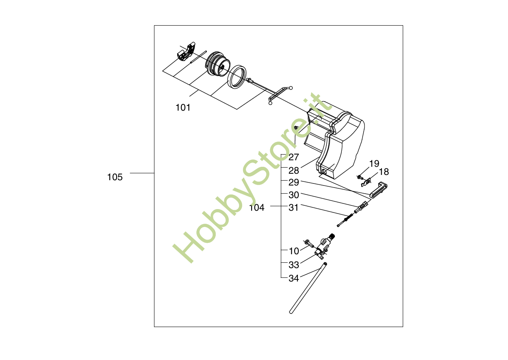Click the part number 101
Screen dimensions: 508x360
point(183,108)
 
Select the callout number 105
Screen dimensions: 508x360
point(115,177)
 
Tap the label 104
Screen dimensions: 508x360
point(257,208)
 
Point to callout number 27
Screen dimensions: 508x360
point(294,157)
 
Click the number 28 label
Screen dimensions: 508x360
point(294,170)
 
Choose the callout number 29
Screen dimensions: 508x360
point(294,182)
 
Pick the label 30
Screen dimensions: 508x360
point(294,195)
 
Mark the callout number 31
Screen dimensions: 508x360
point(294,207)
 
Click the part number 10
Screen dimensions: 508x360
point(294,251)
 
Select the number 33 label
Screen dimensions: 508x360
point(294,265)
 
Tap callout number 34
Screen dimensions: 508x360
point(294,279)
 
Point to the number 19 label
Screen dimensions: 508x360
point(374,164)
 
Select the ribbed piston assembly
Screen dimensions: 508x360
point(218,64)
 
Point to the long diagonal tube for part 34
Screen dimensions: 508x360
point(308,289)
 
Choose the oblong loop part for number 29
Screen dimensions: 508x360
point(378,190)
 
